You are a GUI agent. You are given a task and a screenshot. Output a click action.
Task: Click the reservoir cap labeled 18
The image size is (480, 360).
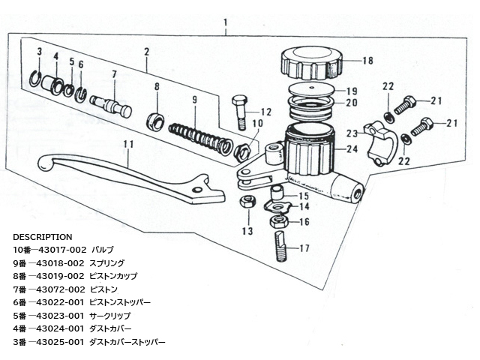(x=311, y=63)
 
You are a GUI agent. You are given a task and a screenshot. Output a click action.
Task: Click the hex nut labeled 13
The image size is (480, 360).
(x=247, y=202)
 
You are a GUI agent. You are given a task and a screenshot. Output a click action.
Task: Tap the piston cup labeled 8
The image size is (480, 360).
(x=156, y=121)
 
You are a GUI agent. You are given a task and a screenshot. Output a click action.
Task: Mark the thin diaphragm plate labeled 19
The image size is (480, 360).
(x=311, y=88)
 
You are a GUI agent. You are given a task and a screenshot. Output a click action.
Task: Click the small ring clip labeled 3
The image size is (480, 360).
(x=37, y=77)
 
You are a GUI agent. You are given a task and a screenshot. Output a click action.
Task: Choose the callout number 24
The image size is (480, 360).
(x=352, y=149)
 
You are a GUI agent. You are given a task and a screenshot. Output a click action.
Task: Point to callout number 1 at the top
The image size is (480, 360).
(x=226, y=22)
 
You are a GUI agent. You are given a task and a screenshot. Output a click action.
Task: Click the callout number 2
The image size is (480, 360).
(x=147, y=52)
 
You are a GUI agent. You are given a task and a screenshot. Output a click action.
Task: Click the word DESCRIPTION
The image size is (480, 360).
(x=43, y=237)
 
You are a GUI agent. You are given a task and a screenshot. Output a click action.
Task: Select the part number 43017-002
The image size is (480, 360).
(x=61, y=250)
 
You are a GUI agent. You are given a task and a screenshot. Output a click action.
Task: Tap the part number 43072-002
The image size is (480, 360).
(x=60, y=289)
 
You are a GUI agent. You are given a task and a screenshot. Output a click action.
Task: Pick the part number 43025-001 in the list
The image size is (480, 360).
(x=60, y=342)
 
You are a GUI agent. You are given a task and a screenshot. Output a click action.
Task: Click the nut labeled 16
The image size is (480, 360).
(x=278, y=221)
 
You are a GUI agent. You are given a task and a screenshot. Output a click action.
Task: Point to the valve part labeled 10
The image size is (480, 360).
(x=242, y=151)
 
